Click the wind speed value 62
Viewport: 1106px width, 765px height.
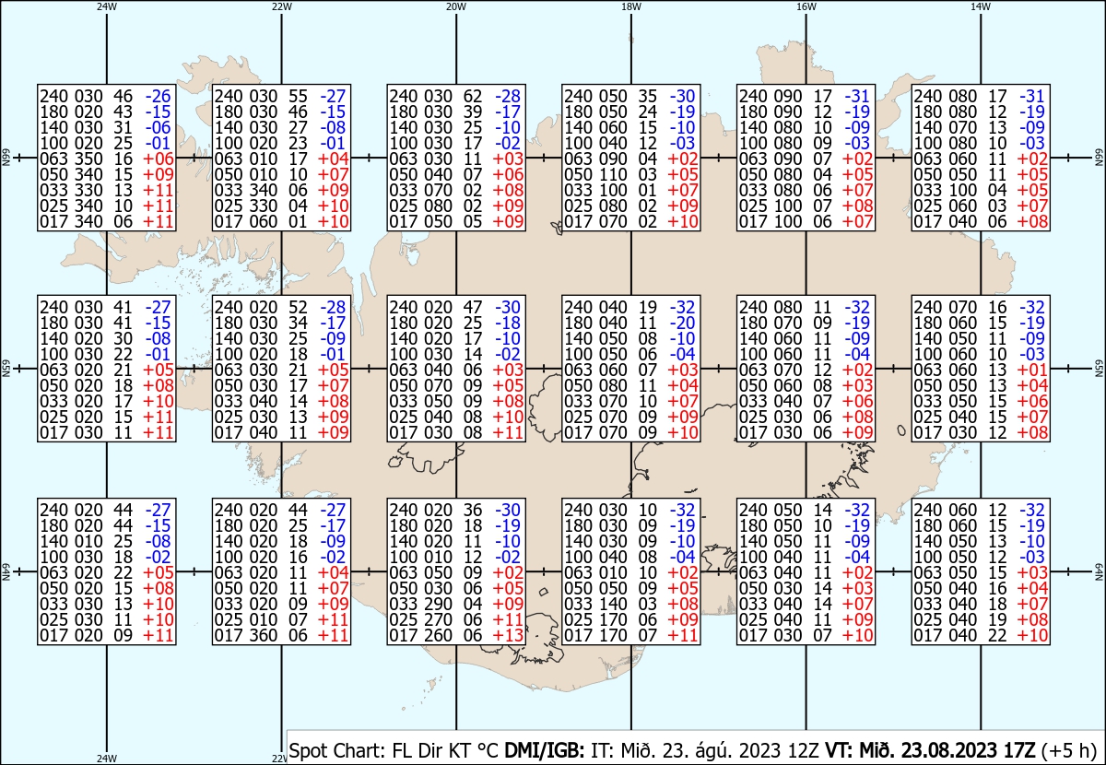(x=473, y=96)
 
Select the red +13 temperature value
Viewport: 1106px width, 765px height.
(x=508, y=635)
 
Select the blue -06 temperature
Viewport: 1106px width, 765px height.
(x=158, y=127)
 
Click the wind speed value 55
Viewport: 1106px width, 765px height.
(x=298, y=96)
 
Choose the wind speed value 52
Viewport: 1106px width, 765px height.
(x=298, y=307)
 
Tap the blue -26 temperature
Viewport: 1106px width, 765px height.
(x=158, y=96)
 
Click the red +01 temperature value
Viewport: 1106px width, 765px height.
(x=1032, y=370)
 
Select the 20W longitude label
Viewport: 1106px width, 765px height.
(x=456, y=6)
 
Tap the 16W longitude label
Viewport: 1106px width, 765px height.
(x=806, y=6)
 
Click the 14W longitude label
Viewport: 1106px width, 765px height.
(x=981, y=6)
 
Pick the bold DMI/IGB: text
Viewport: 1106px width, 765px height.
(x=544, y=750)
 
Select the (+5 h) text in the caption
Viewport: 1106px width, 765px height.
(x=1068, y=750)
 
